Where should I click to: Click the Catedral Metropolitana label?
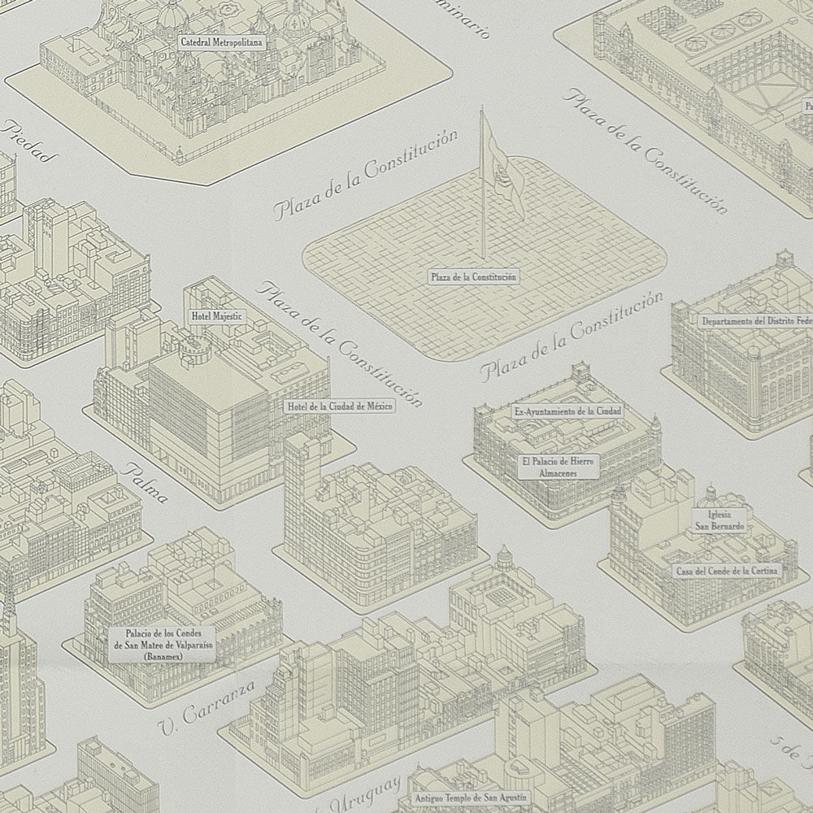tap(221, 41)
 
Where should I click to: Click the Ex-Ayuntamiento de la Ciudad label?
tap(567, 412)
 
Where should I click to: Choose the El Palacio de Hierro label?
tap(559, 461)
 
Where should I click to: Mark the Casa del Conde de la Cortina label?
tap(726, 571)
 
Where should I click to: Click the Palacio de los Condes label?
tap(158, 633)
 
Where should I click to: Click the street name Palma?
tap(146, 481)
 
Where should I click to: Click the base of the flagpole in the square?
tap(482, 254)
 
